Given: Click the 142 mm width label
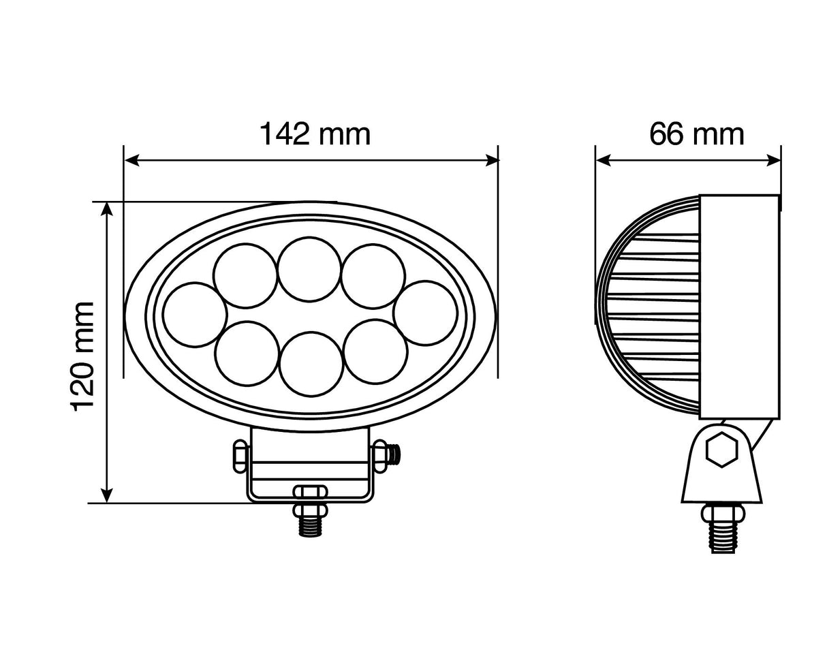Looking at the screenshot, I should (x=315, y=134).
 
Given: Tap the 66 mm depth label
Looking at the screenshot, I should (x=696, y=134).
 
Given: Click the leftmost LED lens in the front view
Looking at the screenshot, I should (x=195, y=314).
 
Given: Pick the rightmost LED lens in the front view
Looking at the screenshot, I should (x=426, y=312).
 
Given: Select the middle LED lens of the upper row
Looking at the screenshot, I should (x=309, y=268).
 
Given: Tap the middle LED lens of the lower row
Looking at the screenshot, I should (x=311, y=363).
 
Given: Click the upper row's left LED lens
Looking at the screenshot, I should (x=245, y=275).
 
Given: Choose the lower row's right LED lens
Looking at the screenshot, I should (x=376, y=351).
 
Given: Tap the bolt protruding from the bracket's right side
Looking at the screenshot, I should (x=393, y=454).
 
